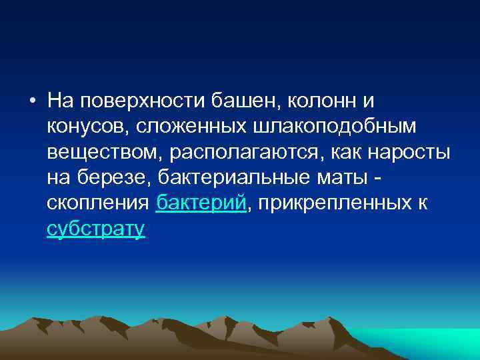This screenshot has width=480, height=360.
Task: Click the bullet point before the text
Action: point(32,101)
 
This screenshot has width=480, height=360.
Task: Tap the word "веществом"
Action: point(104,152)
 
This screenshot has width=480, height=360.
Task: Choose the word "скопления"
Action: point(99,203)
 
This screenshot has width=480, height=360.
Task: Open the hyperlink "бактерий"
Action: point(201,203)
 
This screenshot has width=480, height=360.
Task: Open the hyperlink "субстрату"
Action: point(96,229)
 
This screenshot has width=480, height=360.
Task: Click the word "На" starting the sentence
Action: point(60,101)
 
